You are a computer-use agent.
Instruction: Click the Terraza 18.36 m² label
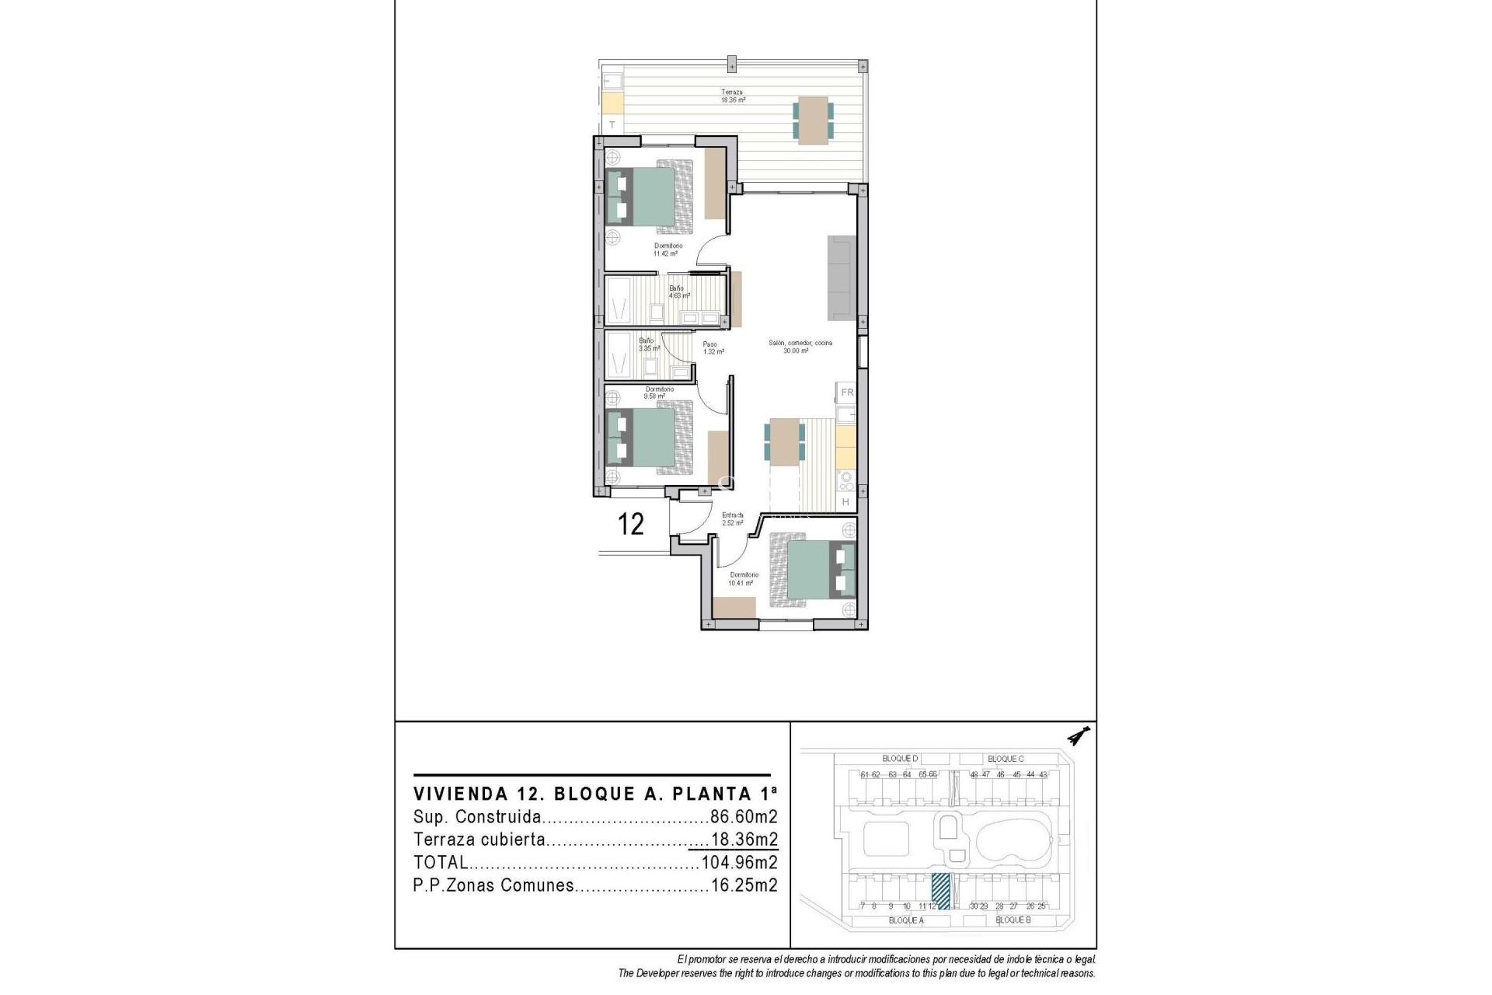pos(733,96)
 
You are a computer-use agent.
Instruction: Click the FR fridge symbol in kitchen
pos(847,393)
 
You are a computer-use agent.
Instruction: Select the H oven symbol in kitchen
pos(846,503)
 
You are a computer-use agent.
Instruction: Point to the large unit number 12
pos(630,525)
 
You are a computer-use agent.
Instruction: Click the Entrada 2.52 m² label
pos(732,518)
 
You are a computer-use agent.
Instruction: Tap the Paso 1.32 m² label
pos(713,347)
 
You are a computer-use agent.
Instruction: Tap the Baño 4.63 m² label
pos(678,292)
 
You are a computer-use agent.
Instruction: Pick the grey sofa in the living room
pos(842,278)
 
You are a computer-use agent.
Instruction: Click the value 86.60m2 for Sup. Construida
pos(744,817)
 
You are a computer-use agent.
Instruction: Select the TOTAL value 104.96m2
pos(739,862)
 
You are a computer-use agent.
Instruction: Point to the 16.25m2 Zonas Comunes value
pos(744,885)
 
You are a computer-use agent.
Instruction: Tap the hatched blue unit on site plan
pos(940,891)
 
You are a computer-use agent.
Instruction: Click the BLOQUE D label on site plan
pos(900,758)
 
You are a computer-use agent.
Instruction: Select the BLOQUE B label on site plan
pos(1013,920)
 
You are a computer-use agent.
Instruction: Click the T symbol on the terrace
pos(612,124)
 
